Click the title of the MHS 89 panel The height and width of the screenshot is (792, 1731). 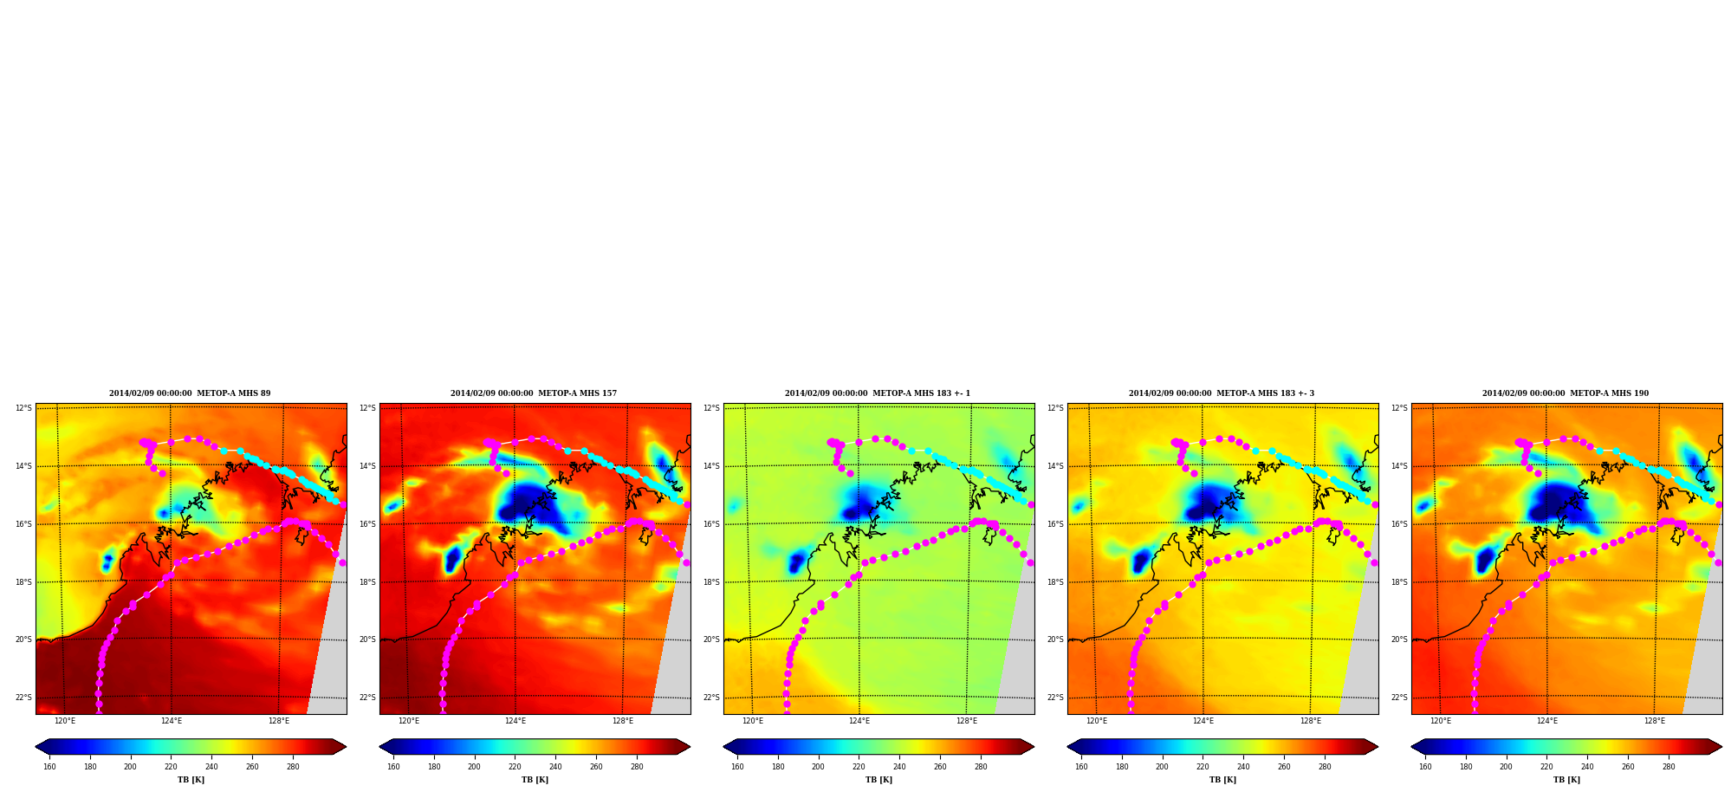tap(190, 393)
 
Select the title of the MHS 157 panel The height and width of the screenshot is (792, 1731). tap(534, 393)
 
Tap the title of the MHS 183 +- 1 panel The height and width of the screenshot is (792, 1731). tap(878, 393)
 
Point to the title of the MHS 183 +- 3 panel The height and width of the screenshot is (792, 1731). tap(1222, 393)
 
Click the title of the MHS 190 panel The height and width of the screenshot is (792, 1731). tap(1566, 393)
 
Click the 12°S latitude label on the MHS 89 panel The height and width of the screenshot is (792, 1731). tap(23, 408)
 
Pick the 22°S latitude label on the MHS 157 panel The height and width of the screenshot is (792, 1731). tap(367, 698)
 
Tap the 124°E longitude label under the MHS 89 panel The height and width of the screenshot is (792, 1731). tap(172, 721)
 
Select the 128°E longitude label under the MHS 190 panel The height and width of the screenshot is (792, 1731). tap(1655, 721)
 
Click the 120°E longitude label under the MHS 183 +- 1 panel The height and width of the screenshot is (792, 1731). tap(753, 721)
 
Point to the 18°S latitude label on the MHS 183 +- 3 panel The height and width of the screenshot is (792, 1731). tap(1055, 582)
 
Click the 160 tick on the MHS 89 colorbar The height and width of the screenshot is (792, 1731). tap(49, 766)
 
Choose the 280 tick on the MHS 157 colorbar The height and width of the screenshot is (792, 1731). tap(637, 766)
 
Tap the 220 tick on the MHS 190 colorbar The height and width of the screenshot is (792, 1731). tap(1546, 766)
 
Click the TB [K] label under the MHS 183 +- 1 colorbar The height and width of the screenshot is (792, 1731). tap(878, 780)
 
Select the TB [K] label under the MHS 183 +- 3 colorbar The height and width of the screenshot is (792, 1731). tap(1222, 780)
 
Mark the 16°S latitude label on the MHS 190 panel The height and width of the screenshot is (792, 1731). tap(1399, 524)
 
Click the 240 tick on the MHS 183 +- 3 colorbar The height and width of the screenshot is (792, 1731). tap(1243, 766)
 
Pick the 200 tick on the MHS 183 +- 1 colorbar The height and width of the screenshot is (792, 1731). tap(818, 766)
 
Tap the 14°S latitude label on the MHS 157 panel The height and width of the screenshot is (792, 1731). tap(367, 466)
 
